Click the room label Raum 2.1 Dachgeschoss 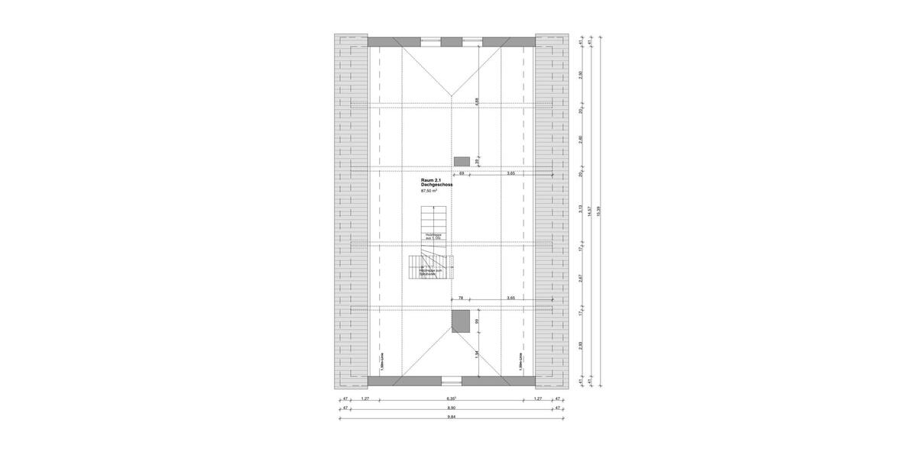436,182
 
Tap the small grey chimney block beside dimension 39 461,161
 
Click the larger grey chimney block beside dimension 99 460,321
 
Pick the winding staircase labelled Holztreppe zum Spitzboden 432,267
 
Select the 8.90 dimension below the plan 451,408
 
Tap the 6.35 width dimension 451,398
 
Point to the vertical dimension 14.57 589,212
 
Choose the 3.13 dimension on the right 581,208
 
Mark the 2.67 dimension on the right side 581,279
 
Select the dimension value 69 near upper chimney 462,173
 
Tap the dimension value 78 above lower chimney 461,298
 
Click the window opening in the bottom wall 451,380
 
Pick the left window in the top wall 430,42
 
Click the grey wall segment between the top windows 452,42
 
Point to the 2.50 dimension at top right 581,74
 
